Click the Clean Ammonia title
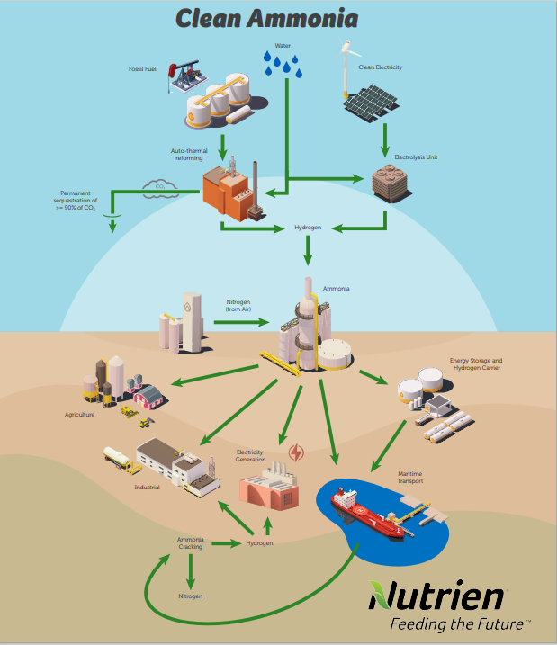coord(266,18)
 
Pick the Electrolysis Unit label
coord(416,157)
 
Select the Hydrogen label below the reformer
coord(308,228)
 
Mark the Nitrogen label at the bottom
coord(190,596)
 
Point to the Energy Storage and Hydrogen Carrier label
coord(476,363)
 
